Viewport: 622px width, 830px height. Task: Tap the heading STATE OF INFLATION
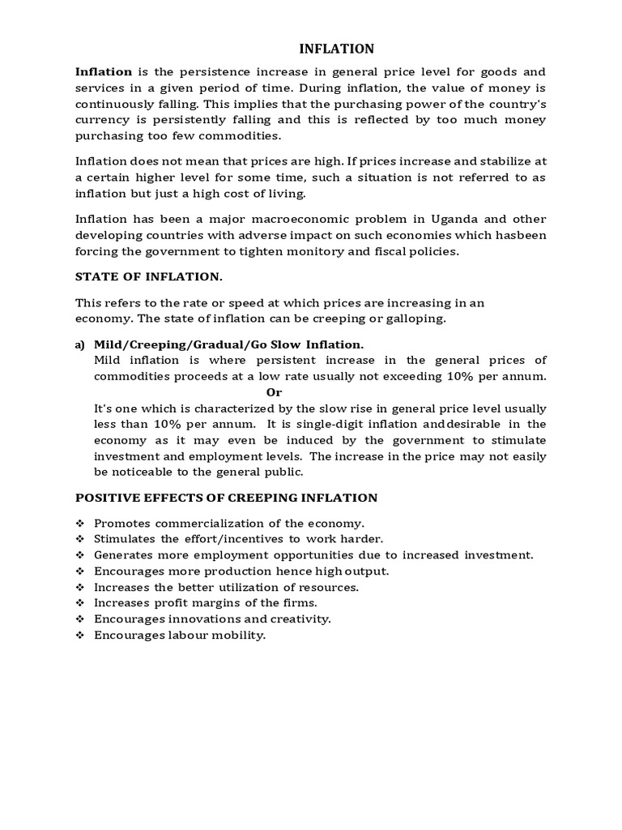(x=148, y=276)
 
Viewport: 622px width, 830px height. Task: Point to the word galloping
(x=416, y=319)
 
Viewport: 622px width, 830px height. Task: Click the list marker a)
(x=80, y=344)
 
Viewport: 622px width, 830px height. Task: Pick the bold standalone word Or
(x=275, y=392)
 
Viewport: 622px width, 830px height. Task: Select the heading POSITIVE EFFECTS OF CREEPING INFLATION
(x=226, y=497)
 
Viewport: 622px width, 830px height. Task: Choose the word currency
(x=100, y=120)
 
